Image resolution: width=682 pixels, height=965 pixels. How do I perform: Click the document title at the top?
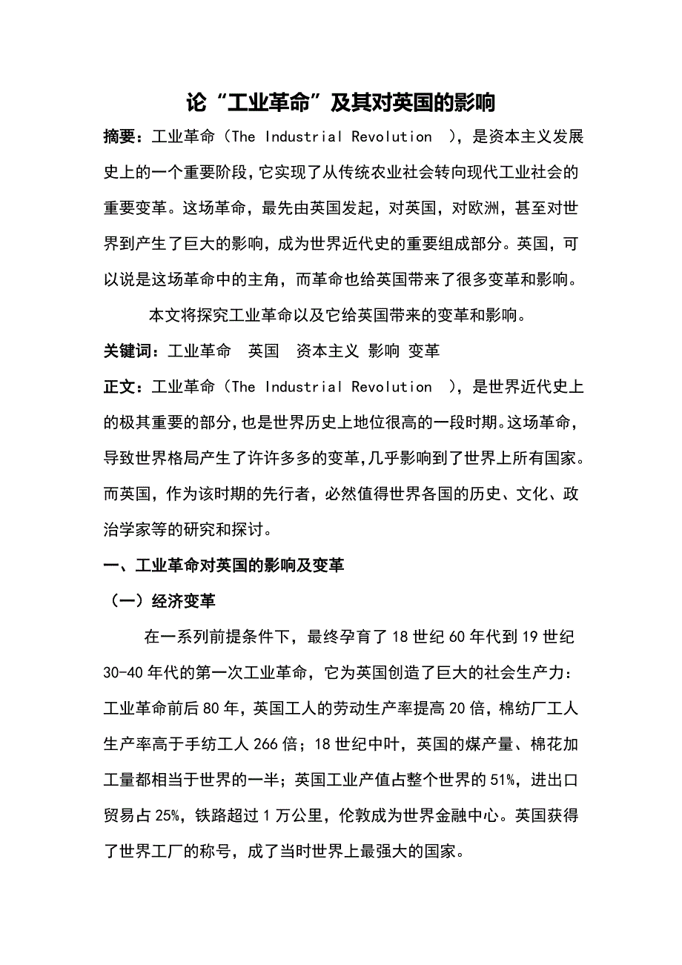tap(340, 103)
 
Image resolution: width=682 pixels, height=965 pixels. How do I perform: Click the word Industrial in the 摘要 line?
tap(304, 137)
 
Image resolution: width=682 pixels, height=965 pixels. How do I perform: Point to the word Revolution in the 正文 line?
tap(391, 387)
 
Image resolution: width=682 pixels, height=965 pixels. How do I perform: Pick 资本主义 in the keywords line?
tap(328, 351)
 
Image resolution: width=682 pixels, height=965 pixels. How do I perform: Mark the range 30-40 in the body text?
tap(125, 673)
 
